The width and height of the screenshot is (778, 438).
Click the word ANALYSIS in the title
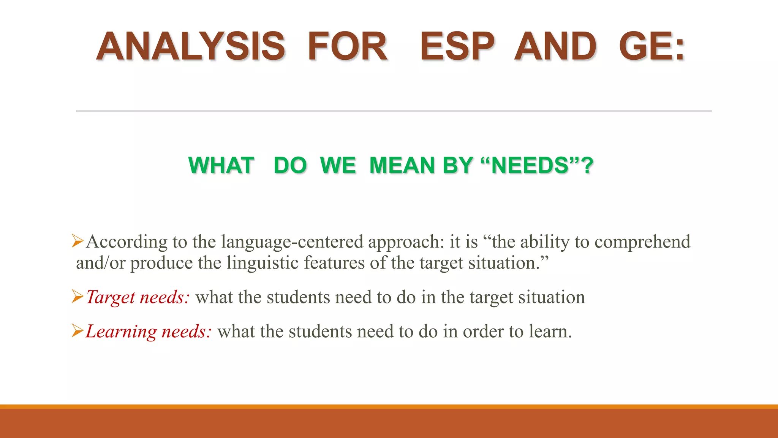click(190, 47)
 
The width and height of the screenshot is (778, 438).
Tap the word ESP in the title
click(457, 47)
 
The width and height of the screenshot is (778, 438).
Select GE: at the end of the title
click(651, 47)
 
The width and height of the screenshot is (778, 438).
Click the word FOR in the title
click(347, 47)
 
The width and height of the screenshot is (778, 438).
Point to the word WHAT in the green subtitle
click(221, 165)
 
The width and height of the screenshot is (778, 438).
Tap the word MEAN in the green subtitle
click(402, 165)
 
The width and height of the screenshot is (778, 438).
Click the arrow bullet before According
click(77, 241)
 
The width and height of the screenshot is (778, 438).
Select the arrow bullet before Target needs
click(77, 297)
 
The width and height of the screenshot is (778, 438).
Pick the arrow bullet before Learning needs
click(77, 331)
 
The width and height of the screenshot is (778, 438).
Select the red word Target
click(110, 297)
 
